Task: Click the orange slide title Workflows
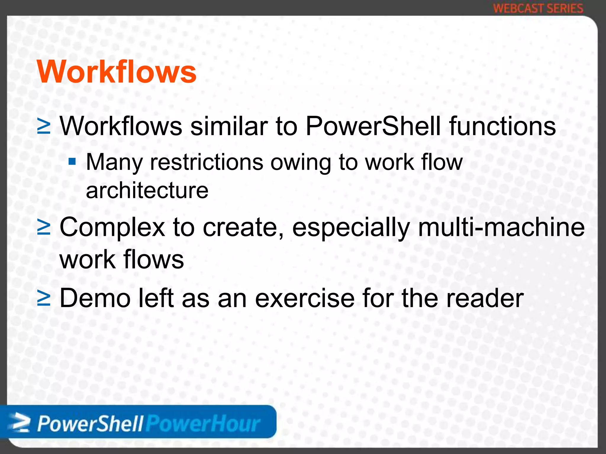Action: (x=117, y=72)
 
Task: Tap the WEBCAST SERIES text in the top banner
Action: (x=538, y=8)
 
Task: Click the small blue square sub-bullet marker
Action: (x=72, y=162)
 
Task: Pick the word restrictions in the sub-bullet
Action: (x=207, y=162)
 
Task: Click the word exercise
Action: (x=304, y=298)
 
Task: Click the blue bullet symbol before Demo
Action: (x=44, y=299)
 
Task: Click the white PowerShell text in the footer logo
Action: (x=90, y=424)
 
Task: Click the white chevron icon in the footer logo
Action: (x=20, y=423)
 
